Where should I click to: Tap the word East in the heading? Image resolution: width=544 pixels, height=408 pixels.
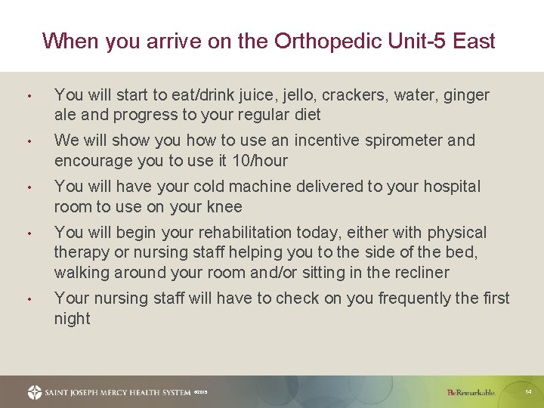(473, 41)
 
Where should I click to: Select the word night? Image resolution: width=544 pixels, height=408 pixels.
(72, 318)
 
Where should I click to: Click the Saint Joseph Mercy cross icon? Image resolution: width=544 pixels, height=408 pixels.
(35, 392)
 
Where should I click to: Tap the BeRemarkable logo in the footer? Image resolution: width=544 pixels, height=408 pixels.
(471, 393)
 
